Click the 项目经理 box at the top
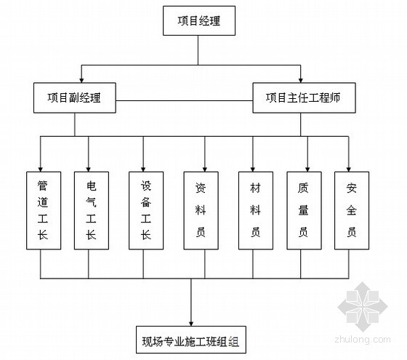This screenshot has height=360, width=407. [x=199, y=21]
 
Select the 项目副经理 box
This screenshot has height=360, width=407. [x=75, y=98]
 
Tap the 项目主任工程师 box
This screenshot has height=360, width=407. [x=304, y=98]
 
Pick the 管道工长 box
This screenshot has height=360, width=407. [x=44, y=211]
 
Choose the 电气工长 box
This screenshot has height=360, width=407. [x=92, y=211]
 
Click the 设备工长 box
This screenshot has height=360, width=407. [x=146, y=211]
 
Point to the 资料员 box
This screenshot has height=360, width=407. [x=201, y=211]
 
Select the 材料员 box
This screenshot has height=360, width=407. [x=256, y=211]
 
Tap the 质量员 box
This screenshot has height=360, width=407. [x=304, y=211]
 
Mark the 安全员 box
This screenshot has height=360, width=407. [x=352, y=211]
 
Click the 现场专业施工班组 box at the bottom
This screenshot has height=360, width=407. [x=191, y=340]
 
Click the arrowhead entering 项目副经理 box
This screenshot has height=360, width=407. [x=81, y=80]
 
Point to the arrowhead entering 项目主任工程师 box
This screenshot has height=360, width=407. [x=301, y=80]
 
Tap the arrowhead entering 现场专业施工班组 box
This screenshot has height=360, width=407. [x=191, y=324]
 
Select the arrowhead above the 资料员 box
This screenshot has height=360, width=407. [x=205, y=169]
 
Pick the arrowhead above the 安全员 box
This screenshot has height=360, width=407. [x=349, y=169]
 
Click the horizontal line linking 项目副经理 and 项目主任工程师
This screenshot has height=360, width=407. [x=185, y=101]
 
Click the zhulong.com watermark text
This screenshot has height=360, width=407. [x=363, y=339]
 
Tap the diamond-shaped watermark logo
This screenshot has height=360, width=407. [x=363, y=307]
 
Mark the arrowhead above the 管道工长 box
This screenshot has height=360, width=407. [x=40, y=169]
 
